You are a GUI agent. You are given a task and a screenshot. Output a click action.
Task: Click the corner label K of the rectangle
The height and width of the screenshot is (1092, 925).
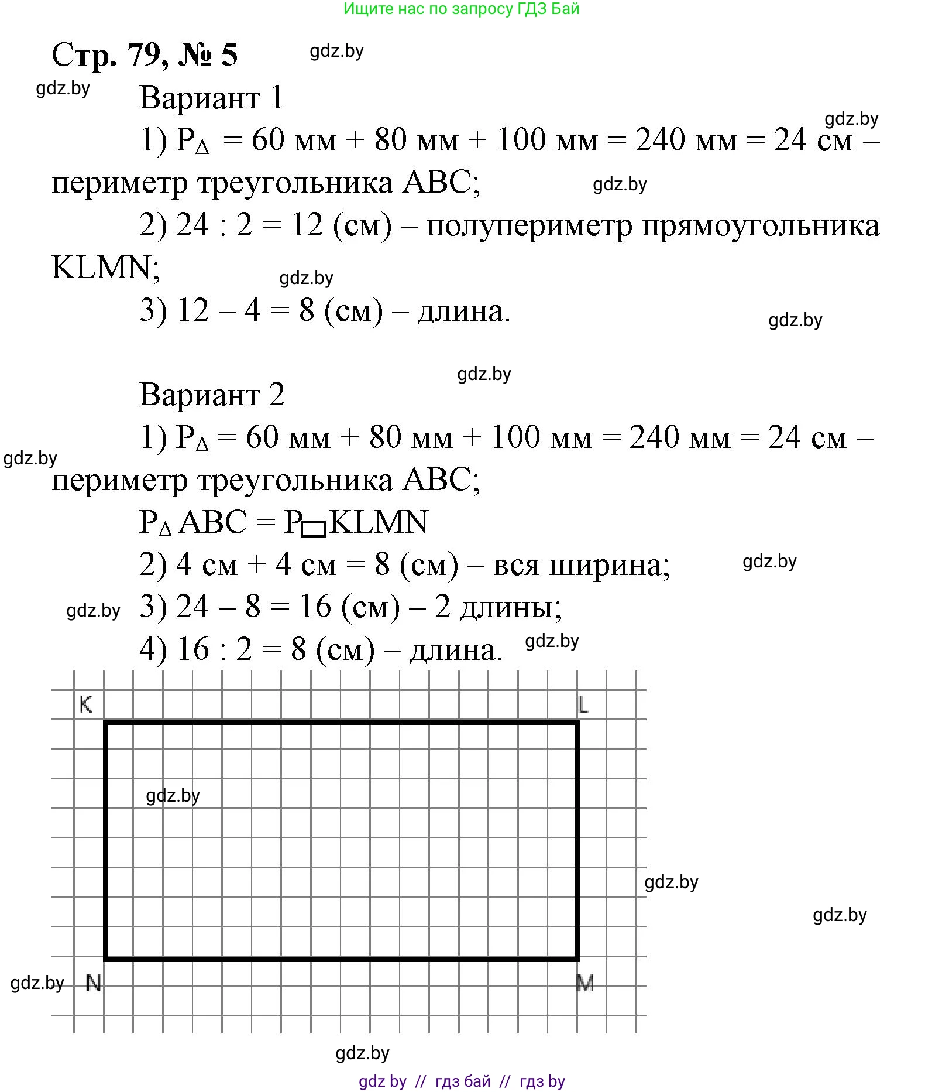point(86,704)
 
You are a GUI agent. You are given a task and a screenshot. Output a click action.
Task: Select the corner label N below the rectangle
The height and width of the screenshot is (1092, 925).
point(94,983)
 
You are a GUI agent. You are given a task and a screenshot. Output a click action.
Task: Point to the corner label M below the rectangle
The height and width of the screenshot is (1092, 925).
point(585,983)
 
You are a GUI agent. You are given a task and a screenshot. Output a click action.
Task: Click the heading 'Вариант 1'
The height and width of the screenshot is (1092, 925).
point(211,98)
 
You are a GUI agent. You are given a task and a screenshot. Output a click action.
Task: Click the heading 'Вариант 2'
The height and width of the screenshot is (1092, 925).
point(212,395)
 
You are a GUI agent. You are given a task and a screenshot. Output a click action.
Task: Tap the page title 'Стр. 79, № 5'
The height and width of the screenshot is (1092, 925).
point(145,56)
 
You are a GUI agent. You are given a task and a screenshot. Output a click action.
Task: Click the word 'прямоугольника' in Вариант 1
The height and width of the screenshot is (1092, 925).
point(761,226)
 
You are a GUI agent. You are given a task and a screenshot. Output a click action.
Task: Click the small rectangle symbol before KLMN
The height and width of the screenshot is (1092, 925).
point(314,528)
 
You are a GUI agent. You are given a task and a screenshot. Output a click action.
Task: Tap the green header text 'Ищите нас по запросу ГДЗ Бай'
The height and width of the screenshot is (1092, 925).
point(461,9)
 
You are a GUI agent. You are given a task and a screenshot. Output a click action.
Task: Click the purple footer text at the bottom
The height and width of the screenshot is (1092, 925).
point(462,1081)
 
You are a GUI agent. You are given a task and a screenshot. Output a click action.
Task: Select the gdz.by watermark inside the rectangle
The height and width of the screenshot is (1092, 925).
point(173,795)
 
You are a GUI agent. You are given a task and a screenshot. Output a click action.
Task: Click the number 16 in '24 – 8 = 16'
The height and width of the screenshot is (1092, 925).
point(315,607)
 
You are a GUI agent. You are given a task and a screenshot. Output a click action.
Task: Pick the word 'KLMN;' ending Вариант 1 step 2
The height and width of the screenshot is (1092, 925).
point(106,268)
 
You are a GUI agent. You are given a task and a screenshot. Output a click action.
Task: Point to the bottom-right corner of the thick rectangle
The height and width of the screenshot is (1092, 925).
point(577,959)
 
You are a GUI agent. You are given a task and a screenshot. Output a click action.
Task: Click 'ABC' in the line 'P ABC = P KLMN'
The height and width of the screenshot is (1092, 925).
point(212,522)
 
